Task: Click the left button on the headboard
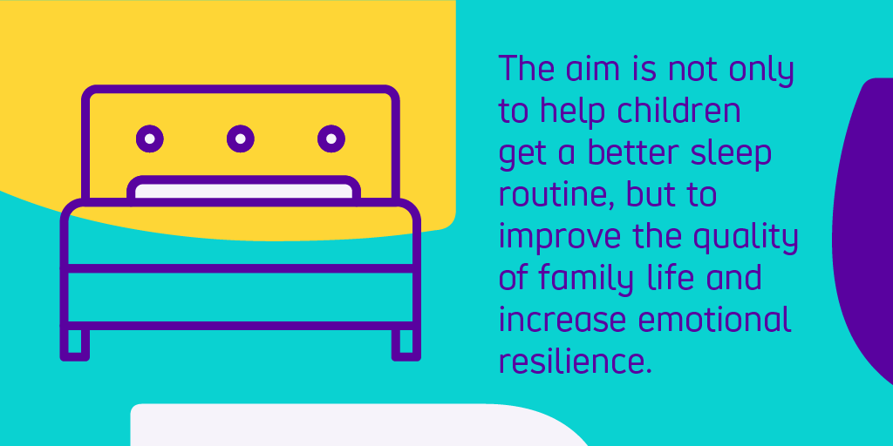150,138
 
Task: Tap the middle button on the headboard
241,138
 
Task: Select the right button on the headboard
331,138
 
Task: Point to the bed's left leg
75,343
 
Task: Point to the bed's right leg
406,343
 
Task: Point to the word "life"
671,278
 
